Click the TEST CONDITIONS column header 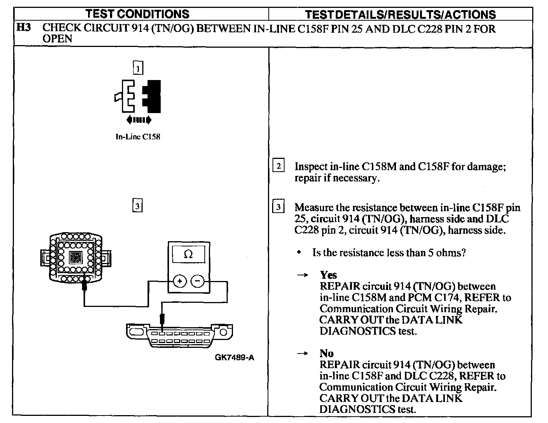[x=137, y=14]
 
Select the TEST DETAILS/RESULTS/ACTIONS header [x=400, y=14]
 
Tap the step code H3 [x=24, y=28]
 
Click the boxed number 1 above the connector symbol [x=138, y=68]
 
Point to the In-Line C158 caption [x=138, y=137]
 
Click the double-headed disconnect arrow [x=139, y=120]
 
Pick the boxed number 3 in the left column [x=137, y=206]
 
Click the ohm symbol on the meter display [x=188, y=254]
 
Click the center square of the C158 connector [x=75, y=257]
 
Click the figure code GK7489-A [x=234, y=357]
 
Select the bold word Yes [x=328, y=275]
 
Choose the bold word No [x=326, y=353]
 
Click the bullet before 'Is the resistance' [x=299, y=252]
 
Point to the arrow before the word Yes [x=302, y=275]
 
